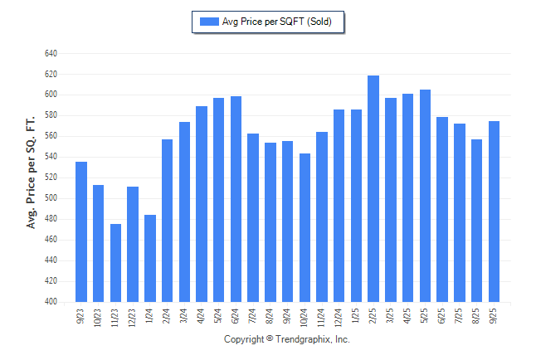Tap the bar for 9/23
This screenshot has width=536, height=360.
coord(81,232)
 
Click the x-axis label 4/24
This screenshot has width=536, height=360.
coord(202,316)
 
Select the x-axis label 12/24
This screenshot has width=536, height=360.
coord(339,318)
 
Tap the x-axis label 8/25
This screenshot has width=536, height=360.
coord(477,316)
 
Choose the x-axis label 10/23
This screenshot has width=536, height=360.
coord(99,318)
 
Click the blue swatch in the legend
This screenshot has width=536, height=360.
coord(208,22)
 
